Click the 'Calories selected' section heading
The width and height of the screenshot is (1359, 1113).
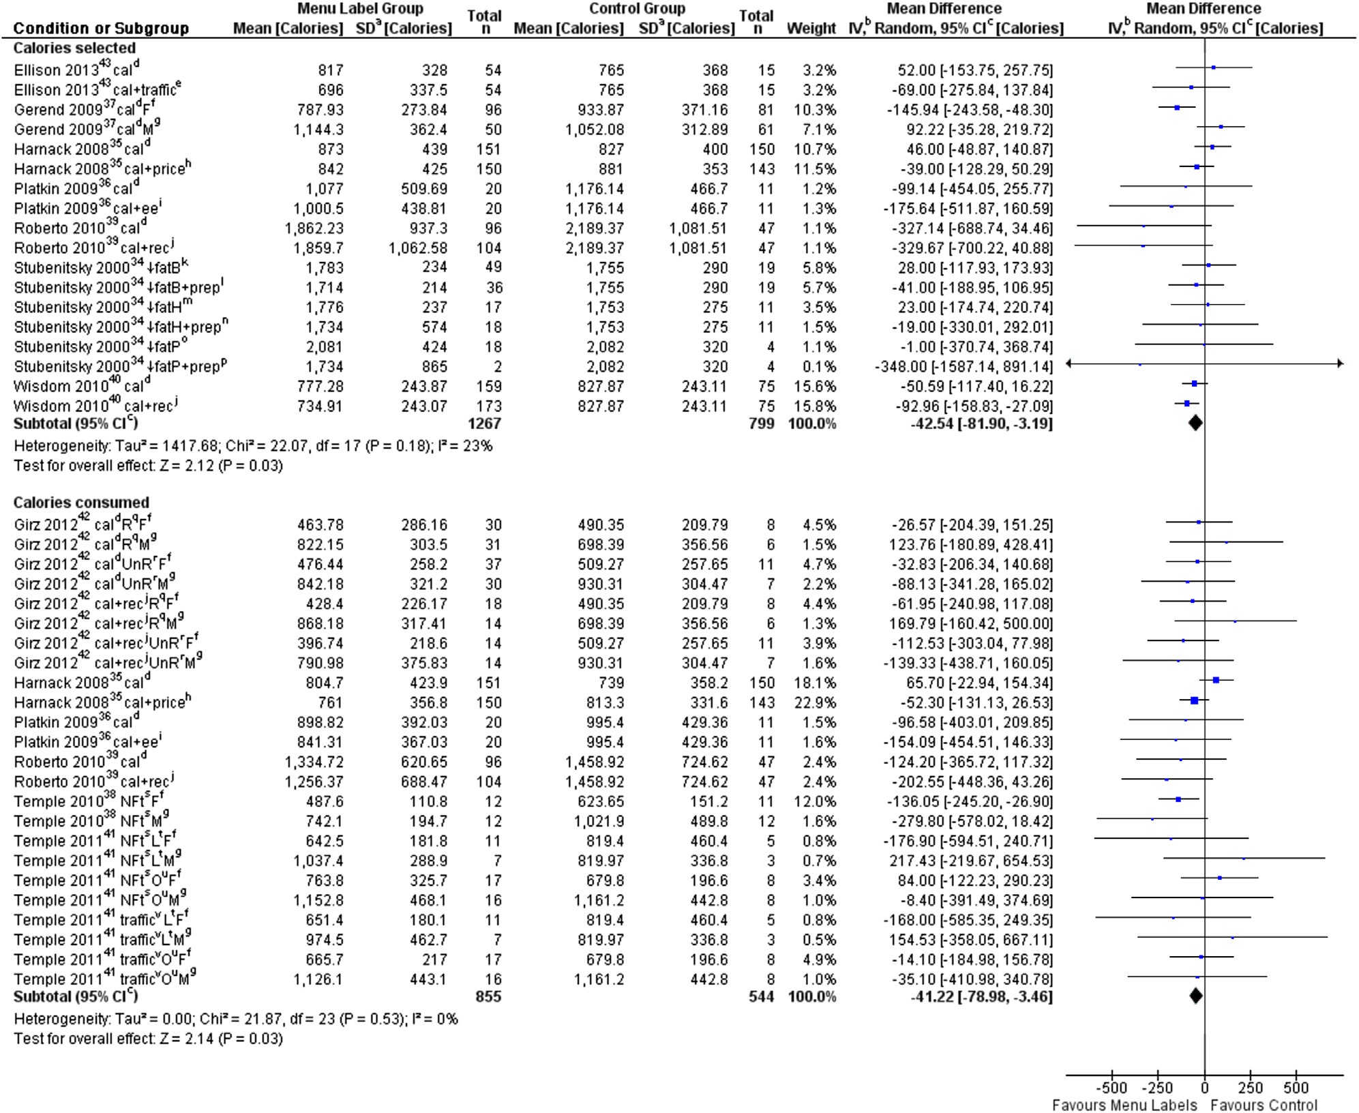pos(74,48)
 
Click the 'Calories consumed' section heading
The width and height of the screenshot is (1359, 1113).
pos(81,503)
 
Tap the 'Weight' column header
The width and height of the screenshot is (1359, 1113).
pos(811,29)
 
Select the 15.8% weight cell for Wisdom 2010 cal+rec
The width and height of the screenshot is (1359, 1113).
pos(816,406)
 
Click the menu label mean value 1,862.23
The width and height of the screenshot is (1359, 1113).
pos(314,228)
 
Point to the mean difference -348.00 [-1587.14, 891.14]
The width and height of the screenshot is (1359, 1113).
pos(964,367)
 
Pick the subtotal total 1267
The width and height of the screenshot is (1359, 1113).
pos(484,424)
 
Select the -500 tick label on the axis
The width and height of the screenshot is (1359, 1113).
pos(1111,1088)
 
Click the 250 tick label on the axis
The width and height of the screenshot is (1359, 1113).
pos(1250,1088)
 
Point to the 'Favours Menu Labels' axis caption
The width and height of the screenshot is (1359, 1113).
pos(1124,1105)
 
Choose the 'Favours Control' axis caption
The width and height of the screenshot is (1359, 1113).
pos(1264,1105)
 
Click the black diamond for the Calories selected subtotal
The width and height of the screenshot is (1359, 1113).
pos(1195,424)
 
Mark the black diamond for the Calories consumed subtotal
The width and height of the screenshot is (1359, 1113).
pos(1196,996)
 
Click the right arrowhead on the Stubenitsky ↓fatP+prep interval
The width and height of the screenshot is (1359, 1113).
pos(1340,363)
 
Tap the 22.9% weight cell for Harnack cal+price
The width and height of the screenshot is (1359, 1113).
pos(816,702)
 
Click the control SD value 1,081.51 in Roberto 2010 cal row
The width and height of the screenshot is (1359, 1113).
pos(698,228)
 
